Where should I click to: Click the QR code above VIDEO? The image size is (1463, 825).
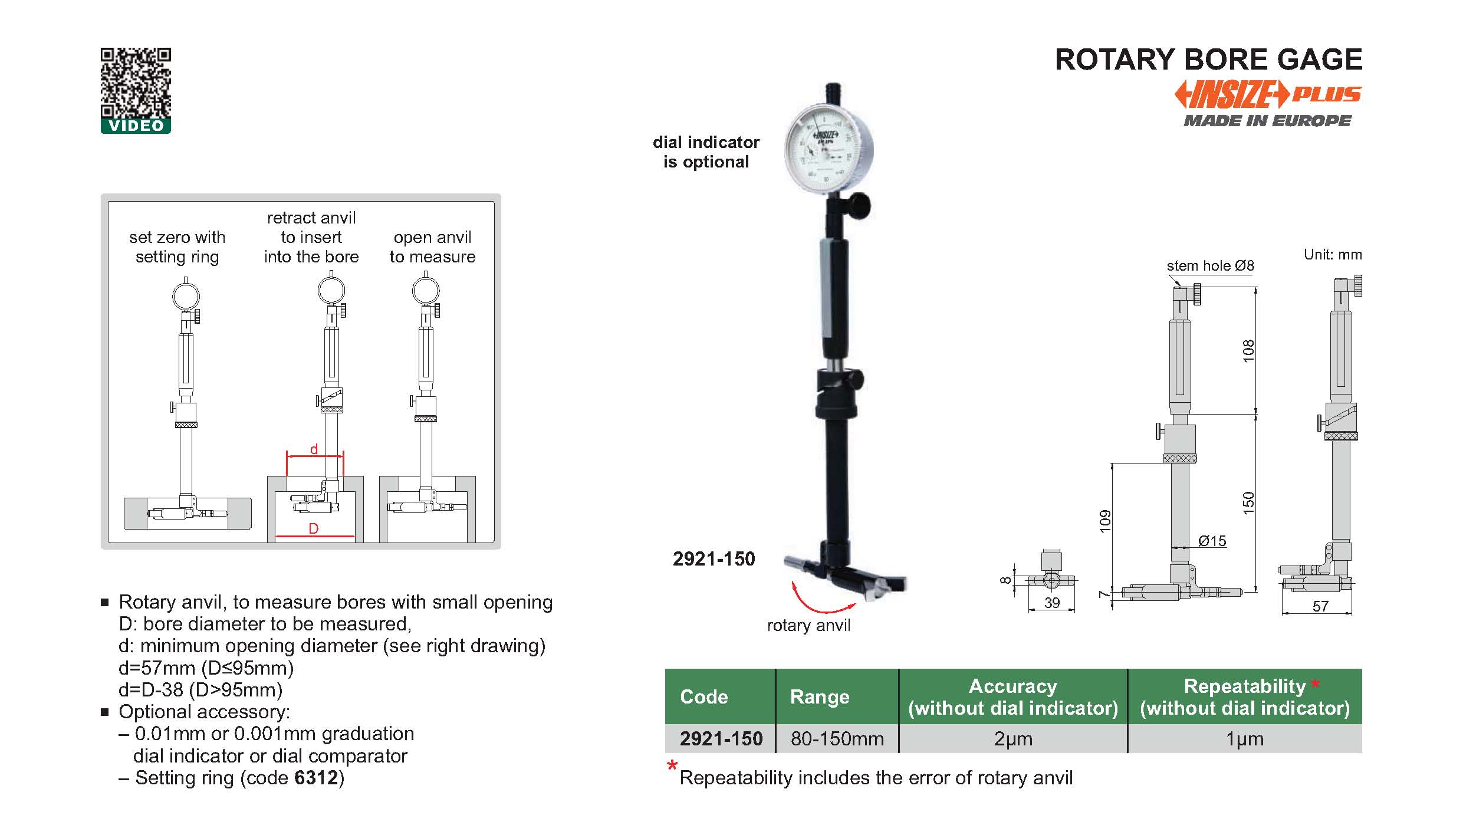(136, 83)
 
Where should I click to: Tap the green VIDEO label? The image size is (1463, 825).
(136, 126)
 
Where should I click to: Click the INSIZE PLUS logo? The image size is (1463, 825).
(1268, 95)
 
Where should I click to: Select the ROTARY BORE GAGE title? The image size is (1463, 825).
(1208, 60)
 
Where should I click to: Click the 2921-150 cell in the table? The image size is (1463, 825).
(721, 738)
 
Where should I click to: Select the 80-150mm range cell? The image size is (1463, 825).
(837, 738)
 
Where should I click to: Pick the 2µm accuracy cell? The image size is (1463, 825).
(1013, 738)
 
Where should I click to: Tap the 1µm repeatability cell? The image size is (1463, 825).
(1244, 738)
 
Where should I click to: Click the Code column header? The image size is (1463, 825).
(703, 696)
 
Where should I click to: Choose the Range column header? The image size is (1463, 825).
(820, 696)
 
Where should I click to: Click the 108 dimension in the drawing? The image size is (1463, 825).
(1248, 351)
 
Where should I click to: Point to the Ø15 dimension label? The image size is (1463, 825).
(1212, 541)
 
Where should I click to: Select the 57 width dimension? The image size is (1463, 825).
(1320, 606)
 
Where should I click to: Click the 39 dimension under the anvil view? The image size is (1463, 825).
(1052, 603)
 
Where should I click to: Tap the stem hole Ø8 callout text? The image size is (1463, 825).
(1210, 266)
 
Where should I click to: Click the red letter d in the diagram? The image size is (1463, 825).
(314, 449)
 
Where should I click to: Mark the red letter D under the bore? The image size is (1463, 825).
(314, 528)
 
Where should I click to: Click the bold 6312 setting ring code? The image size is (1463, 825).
(316, 778)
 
